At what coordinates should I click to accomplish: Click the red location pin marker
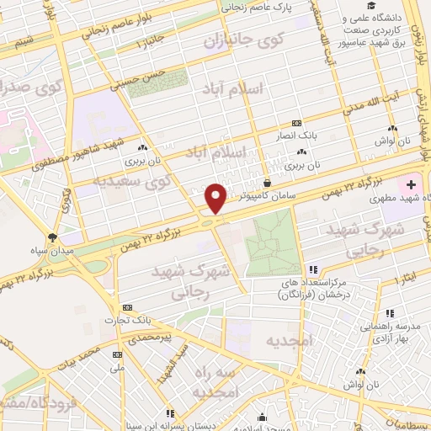pos(216,199)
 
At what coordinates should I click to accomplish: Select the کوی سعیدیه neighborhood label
pos(168,180)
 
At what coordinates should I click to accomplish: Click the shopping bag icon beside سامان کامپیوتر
pos(268,181)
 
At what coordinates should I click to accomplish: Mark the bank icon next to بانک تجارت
pos(126,307)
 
